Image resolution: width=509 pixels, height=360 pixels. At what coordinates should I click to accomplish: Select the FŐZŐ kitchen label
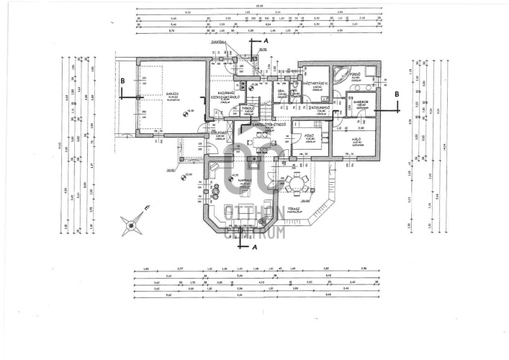pyautogui.click(x=310, y=133)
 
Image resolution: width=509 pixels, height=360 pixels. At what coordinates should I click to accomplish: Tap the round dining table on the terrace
pyautogui.click(x=294, y=181)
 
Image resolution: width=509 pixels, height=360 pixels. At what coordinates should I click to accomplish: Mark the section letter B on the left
pyautogui.click(x=123, y=81)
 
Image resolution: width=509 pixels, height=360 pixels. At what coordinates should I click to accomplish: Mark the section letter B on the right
pyautogui.click(x=396, y=94)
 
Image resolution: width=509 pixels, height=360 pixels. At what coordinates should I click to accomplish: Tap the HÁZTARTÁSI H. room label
pyautogui.click(x=316, y=84)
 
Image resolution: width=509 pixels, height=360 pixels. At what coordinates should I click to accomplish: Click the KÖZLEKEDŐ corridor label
pyautogui.click(x=320, y=107)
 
